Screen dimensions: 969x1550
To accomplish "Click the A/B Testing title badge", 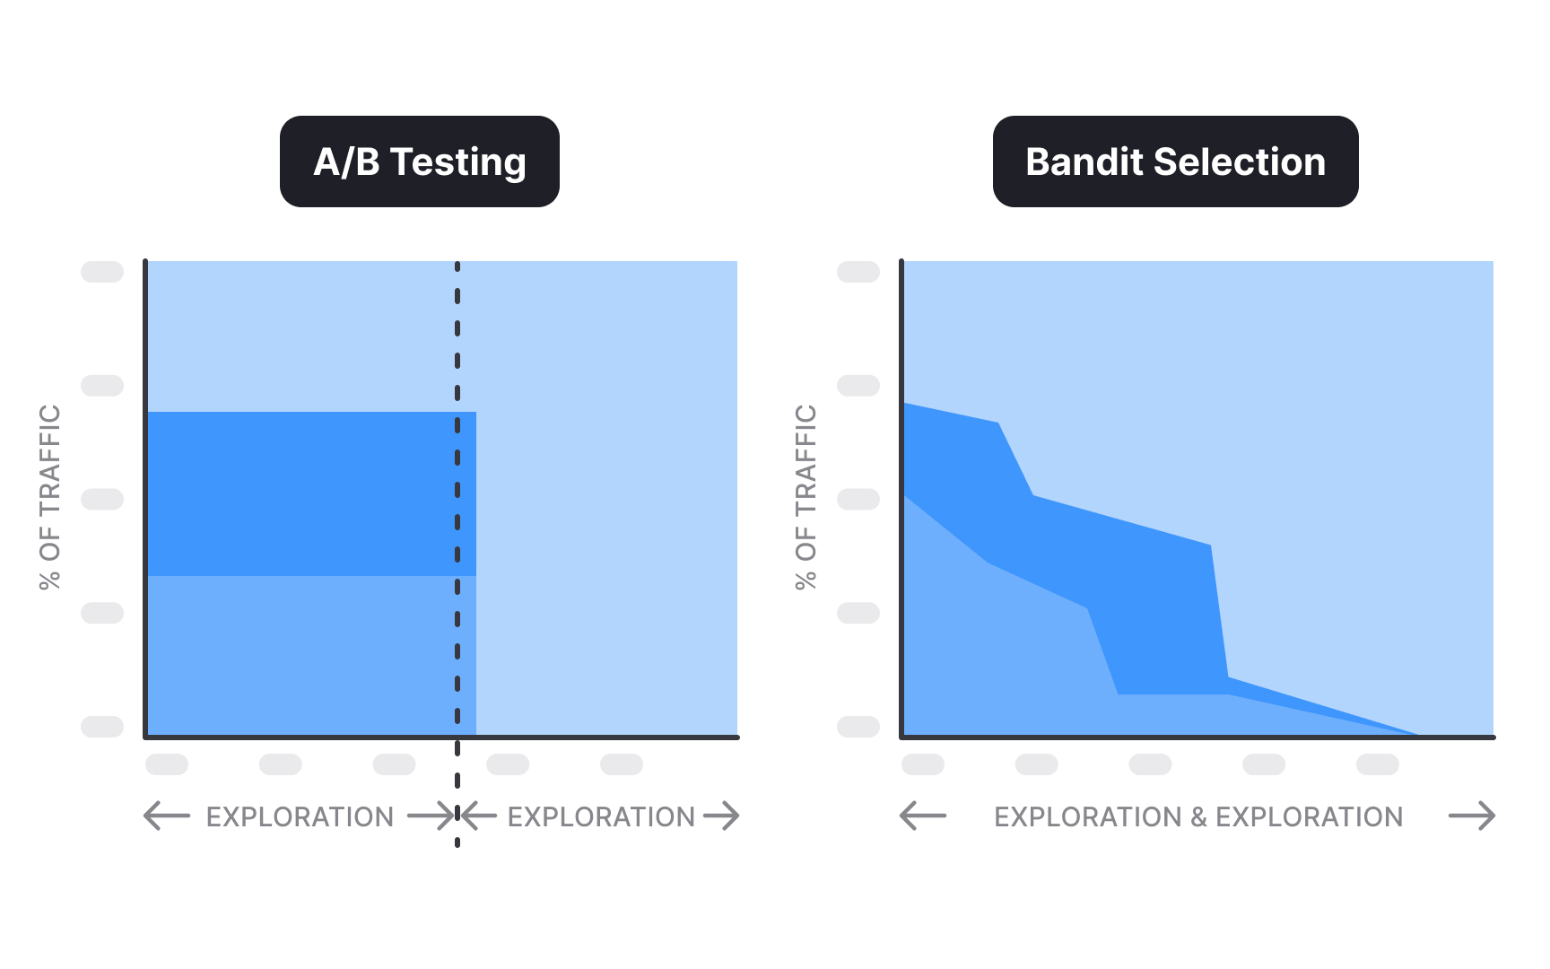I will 419,161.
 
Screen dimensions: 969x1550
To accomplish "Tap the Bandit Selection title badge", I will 1175,161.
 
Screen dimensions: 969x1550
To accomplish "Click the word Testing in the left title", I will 458,163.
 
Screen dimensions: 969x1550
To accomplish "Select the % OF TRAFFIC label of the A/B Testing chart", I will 50,497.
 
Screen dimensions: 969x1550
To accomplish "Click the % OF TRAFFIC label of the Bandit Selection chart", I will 806,497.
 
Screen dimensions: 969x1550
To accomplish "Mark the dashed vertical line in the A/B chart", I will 457,359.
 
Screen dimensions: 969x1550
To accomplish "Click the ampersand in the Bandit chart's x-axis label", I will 1198,816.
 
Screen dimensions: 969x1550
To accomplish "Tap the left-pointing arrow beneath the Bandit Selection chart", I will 923,816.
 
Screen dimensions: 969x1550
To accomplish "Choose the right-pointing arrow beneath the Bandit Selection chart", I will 1472,816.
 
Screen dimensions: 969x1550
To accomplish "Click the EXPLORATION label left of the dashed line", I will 300,816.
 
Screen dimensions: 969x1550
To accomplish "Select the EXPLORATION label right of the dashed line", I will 601,816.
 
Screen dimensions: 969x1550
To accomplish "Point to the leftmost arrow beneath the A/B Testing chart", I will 167,816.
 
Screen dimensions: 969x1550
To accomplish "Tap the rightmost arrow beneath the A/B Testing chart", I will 721,816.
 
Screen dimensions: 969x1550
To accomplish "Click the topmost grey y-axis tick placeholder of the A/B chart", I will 102,272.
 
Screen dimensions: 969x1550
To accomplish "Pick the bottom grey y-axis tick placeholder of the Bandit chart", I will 858,727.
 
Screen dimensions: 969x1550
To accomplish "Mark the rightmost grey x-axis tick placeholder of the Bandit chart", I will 1378,764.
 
